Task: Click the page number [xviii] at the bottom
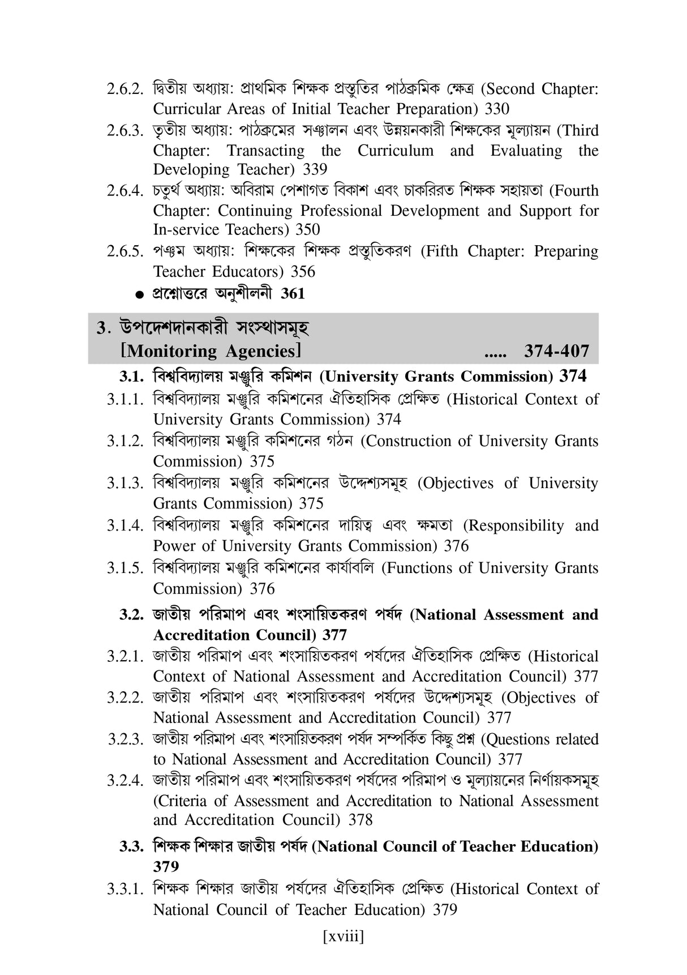coord(343,936)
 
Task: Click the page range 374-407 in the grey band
coord(556,352)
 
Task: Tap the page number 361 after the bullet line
coord(293,293)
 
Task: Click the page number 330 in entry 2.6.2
coord(497,109)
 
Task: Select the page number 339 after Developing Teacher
coord(315,169)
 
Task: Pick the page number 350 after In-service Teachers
coord(308,229)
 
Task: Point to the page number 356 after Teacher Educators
coord(303,272)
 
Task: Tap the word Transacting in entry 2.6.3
coord(265,151)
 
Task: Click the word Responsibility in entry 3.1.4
coord(514,526)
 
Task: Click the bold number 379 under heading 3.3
coord(166,867)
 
